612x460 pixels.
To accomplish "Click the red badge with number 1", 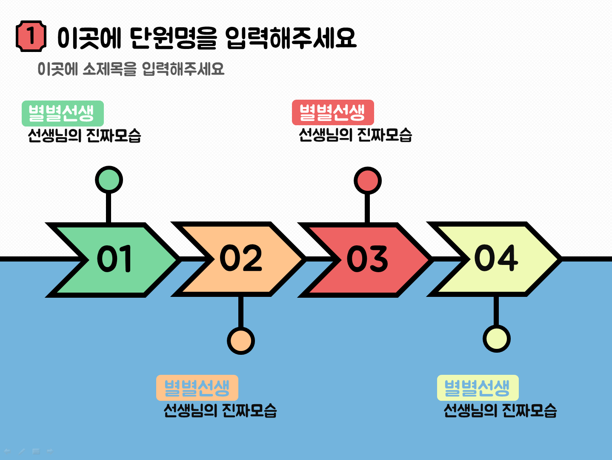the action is (x=31, y=36).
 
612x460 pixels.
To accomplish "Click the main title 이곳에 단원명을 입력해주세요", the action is (x=206, y=38).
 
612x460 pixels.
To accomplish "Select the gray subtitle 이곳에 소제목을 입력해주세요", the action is (x=131, y=69).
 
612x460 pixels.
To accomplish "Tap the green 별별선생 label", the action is (x=63, y=113).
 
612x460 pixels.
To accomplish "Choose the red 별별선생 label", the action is (x=333, y=112).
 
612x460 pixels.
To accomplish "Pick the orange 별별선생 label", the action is (x=197, y=388).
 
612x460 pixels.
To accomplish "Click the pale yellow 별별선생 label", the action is (x=478, y=388).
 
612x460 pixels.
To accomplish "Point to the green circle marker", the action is (x=109, y=180).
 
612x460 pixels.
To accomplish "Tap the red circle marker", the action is (x=368, y=181).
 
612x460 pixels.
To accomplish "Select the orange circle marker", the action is (x=241, y=341).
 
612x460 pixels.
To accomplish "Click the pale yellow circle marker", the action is (x=497, y=339).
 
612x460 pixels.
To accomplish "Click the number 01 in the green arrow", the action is (x=114, y=259).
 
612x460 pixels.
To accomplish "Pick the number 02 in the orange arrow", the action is (x=241, y=258).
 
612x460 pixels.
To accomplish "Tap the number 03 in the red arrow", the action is (x=367, y=259).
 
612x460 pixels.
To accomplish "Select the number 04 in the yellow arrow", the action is (x=496, y=258).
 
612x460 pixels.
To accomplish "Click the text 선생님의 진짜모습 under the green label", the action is (x=85, y=135).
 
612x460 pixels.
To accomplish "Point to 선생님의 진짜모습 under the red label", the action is (x=355, y=135).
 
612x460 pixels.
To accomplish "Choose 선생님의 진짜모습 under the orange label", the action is (x=220, y=410).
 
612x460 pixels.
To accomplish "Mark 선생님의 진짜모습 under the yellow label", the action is (x=500, y=410).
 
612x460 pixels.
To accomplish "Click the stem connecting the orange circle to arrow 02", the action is (x=241, y=312).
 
